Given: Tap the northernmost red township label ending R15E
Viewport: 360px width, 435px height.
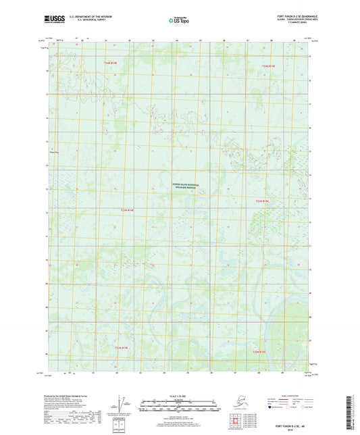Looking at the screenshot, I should (x=269, y=66).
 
